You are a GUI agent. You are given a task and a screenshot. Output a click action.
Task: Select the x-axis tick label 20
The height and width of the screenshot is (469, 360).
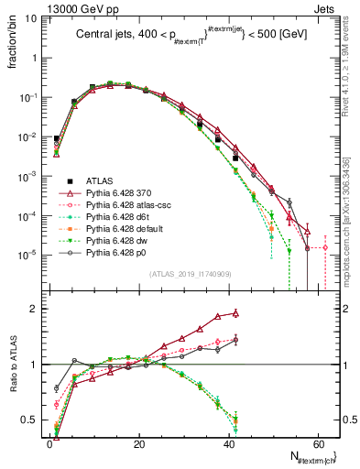[138, 442]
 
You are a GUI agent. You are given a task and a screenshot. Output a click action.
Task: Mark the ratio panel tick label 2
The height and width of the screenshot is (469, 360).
[34, 309]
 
